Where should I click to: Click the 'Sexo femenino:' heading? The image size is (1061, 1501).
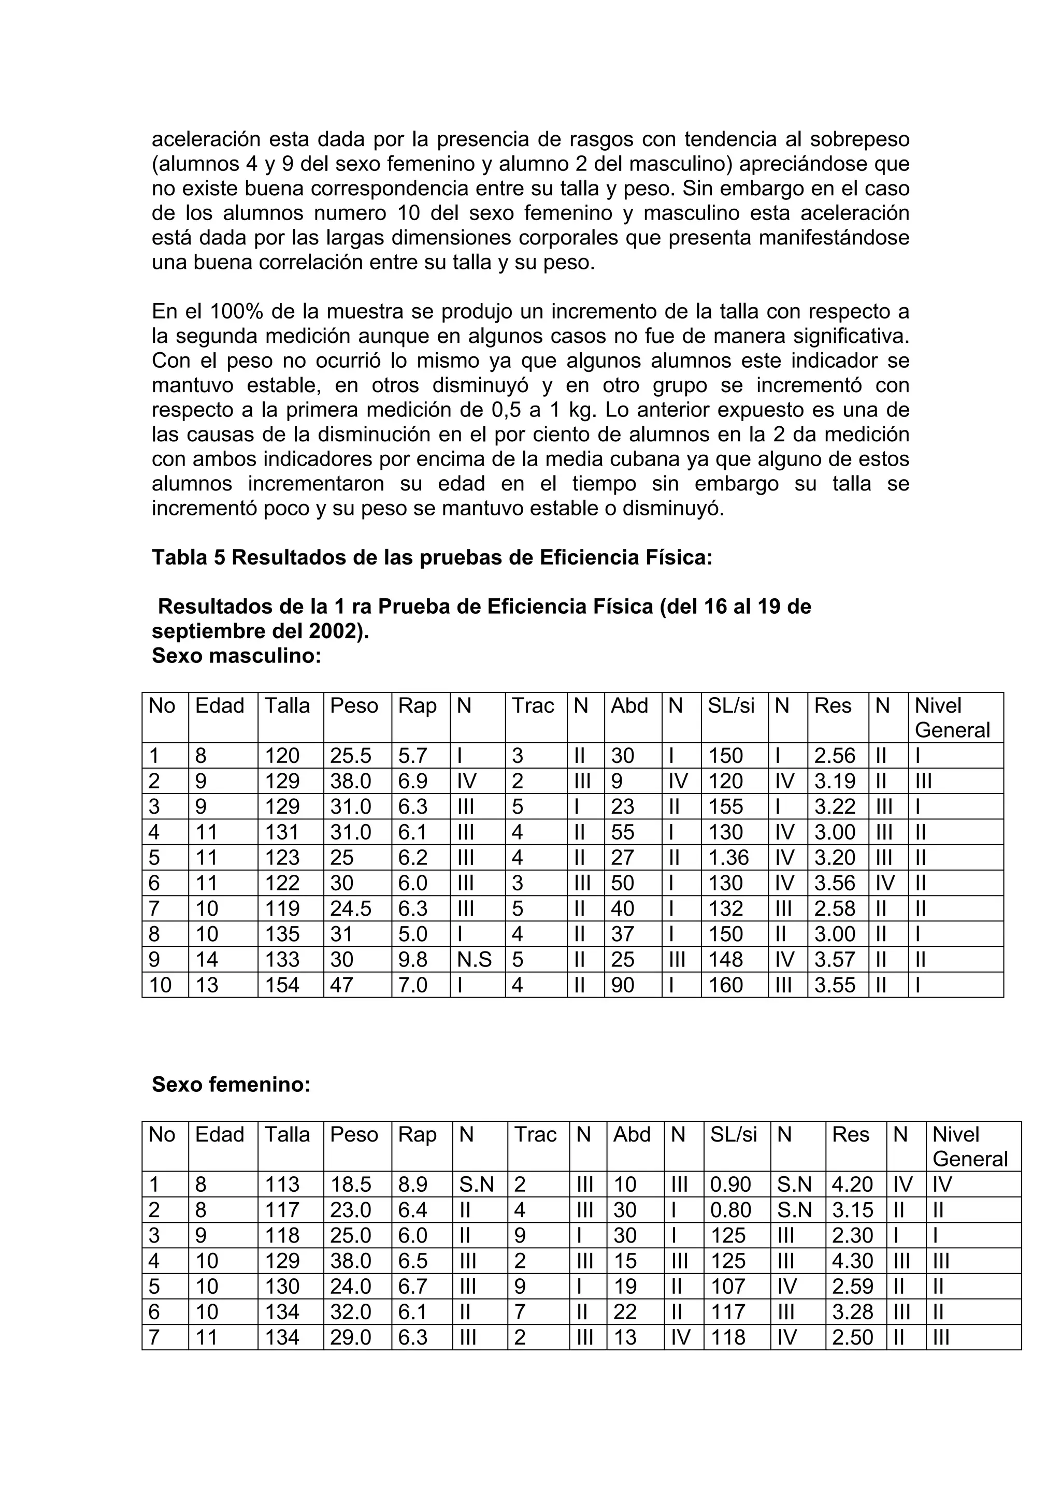point(231,1085)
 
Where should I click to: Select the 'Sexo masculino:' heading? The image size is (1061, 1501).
point(236,656)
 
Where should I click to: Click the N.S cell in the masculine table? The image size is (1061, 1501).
point(474,959)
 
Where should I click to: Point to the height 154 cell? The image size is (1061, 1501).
point(282,985)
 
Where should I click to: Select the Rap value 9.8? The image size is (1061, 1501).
point(412,959)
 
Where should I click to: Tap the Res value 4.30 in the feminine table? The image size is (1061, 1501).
point(852,1261)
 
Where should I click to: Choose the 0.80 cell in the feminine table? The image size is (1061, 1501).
point(730,1210)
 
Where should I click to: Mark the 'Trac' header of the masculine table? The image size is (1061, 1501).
point(532,705)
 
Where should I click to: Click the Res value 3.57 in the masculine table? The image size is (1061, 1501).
point(834,959)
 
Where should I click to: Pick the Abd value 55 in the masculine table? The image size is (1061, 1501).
point(622,832)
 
